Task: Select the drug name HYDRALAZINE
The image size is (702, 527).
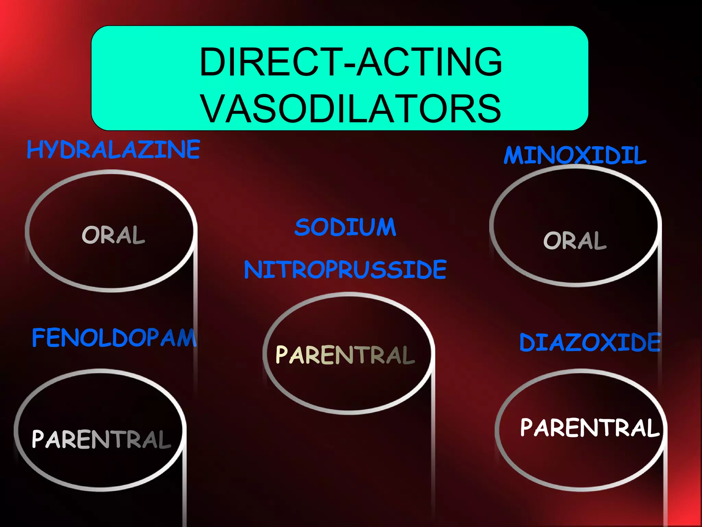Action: coord(113,150)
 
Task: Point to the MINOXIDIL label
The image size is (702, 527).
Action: coord(575,155)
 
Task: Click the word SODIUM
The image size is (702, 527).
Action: coord(345,227)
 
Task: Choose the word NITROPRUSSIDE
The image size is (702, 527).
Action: coord(345,270)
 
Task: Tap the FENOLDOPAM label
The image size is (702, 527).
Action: coord(114,338)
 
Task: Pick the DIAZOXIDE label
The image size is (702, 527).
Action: coord(590,342)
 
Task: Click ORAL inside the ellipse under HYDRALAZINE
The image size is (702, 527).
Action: coord(113,235)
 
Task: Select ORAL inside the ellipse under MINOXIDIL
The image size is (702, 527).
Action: coord(575,240)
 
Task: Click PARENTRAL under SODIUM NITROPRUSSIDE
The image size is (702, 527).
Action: coord(345,355)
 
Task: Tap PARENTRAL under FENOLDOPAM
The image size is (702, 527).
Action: coord(101,439)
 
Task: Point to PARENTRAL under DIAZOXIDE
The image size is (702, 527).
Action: coord(590,428)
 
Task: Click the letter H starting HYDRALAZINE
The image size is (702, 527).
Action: coord(34,150)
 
